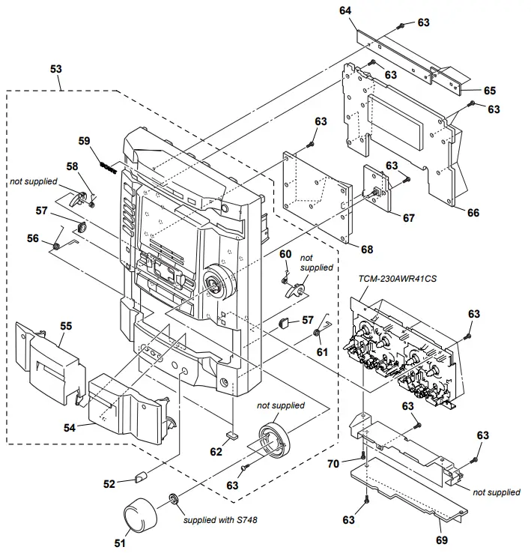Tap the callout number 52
point(109,484)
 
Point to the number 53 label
point(56,68)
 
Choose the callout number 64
point(366,12)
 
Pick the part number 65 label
point(489,90)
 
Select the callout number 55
point(66,326)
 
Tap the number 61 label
point(321,352)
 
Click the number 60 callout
point(285,254)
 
